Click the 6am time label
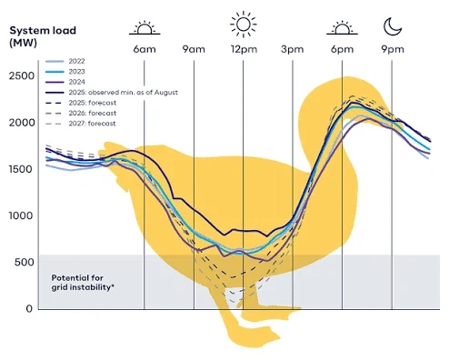145,49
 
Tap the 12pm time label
244,49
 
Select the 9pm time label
393,49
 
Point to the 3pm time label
292,49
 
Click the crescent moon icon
393,26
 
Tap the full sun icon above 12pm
244,25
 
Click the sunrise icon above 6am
145,28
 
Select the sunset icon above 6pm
342,28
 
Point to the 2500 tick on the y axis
22,75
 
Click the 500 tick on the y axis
25,262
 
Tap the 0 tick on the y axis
29,308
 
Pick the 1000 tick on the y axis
22,215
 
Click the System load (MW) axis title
43,36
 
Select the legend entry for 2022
65,61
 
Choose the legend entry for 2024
65,82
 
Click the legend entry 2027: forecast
81,124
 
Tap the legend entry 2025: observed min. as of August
112,92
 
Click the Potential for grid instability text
83,283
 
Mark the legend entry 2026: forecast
81,113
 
